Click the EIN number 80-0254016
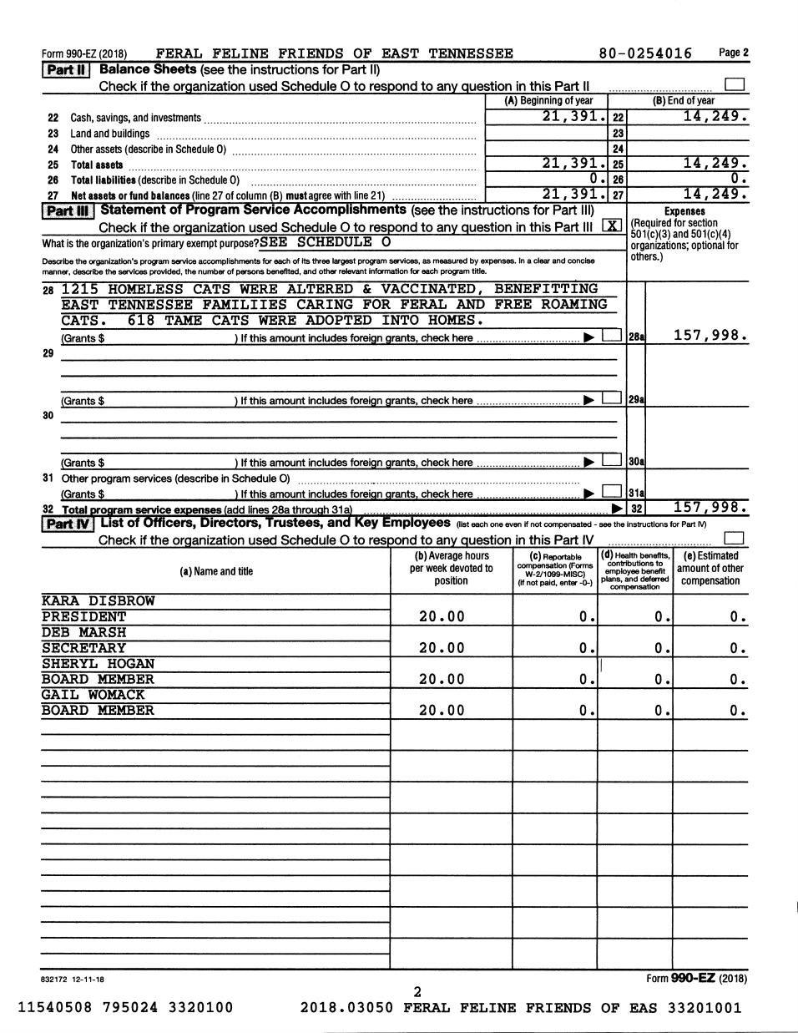645,53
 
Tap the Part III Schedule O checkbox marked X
612,226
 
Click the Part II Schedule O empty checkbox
735,85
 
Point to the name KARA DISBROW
98,601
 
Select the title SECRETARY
84,648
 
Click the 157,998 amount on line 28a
710,336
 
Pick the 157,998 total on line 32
710,507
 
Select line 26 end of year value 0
738,179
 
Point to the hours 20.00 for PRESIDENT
442,617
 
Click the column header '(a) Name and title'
216,571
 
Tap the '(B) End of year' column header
683,101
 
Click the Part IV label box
68,524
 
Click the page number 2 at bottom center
417,992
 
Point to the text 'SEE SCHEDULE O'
325,242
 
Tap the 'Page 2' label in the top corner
734,53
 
